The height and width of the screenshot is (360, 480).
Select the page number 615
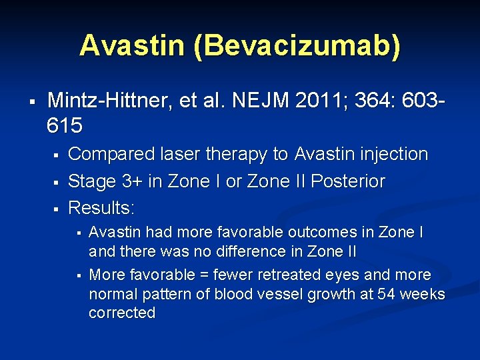pyautogui.click(x=65, y=125)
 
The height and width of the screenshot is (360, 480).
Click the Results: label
pyautogui.click(x=101, y=208)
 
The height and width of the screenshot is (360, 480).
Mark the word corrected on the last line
pyautogui.click(x=121, y=313)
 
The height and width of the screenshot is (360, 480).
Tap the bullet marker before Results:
pyautogui.click(x=57, y=209)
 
